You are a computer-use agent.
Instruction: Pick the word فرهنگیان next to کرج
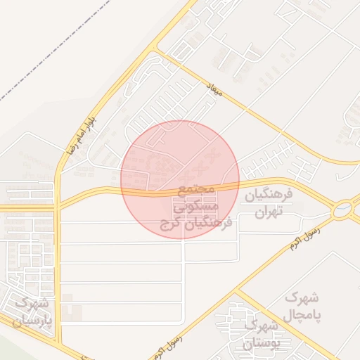pyautogui.click(x=210, y=224)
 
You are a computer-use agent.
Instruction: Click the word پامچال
pyautogui.click(x=302, y=315)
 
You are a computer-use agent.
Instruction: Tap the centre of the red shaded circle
pyautogui.click(x=180, y=180)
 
